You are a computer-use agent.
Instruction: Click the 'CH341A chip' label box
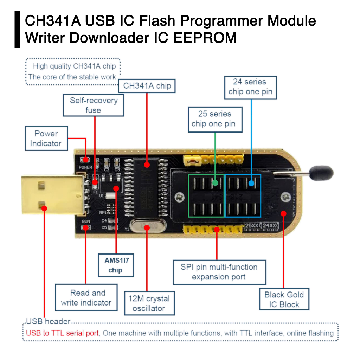point(147,86)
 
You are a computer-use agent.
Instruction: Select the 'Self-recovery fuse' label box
point(93,105)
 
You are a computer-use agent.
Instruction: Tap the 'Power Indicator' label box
point(46,139)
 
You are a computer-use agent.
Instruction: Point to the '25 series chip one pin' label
point(214,119)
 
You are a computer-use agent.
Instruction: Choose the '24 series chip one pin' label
point(250,87)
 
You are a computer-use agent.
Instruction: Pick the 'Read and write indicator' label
point(86,297)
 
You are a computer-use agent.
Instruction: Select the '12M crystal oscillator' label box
point(149,303)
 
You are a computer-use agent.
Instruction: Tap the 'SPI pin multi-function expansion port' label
point(219,272)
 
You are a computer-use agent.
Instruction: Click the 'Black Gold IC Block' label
point(284,300)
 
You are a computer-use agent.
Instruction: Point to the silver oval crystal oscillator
point(147,226)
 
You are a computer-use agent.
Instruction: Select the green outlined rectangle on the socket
point(206,195)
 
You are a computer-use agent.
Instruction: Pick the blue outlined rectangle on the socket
point(243,195)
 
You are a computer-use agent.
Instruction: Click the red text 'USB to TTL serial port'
point(63,333)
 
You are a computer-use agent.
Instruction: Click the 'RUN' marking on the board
point(86,221)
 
